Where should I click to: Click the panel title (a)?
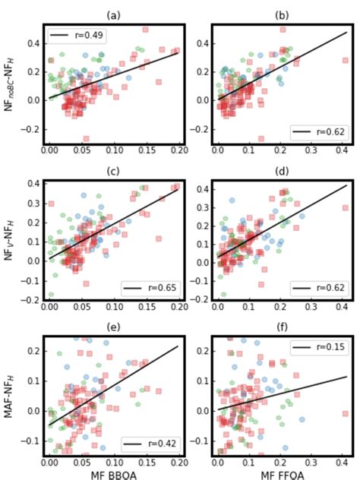(x=114, y=14)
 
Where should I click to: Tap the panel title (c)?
(x=114, y=170)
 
